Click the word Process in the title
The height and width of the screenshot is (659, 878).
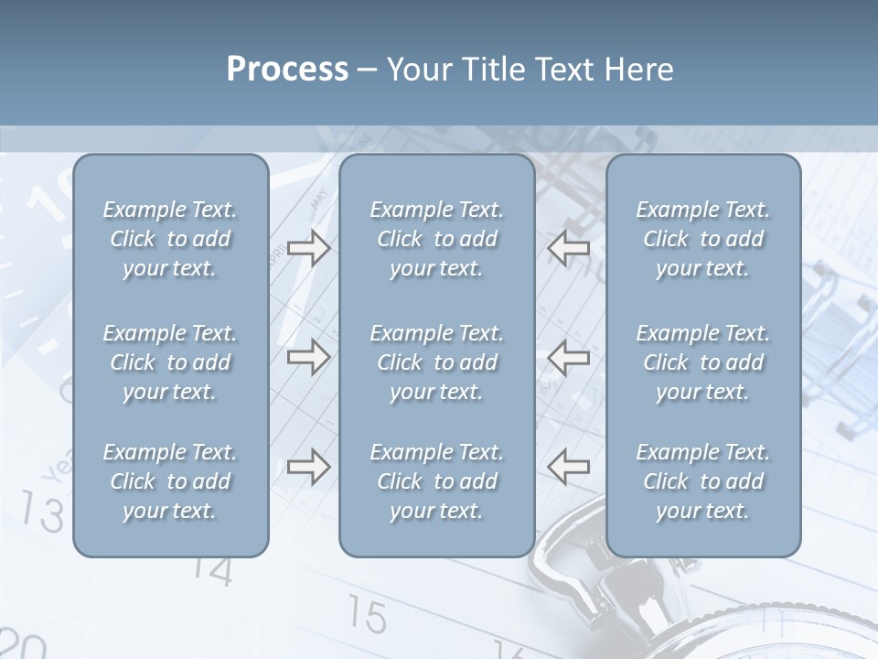[x=287, y=70]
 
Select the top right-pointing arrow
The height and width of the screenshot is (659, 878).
[x=308, y=248]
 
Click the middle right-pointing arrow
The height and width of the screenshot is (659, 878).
[x=308, y=357]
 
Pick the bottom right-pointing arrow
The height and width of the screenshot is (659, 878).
[x=308, y=467]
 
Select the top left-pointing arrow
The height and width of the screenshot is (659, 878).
[x=568, y=248]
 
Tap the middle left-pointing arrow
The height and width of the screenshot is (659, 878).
[x=568, y=357]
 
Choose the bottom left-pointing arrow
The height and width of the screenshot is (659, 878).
[x=568, y=467]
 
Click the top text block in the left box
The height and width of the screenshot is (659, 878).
[x=170, y=239]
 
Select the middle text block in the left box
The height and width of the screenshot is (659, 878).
[x=170, y=362]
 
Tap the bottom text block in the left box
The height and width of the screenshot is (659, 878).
[x=170, y=481]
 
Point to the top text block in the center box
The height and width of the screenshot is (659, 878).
[x=436, y=239]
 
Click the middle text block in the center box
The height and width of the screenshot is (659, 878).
[x=436, y=362]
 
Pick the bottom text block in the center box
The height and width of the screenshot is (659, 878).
[x=436, y=481]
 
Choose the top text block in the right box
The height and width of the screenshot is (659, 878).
[x=702, y=239]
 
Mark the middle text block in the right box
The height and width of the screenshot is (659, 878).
[x=702, y=362]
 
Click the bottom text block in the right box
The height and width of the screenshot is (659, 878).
[x=702, y=481]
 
